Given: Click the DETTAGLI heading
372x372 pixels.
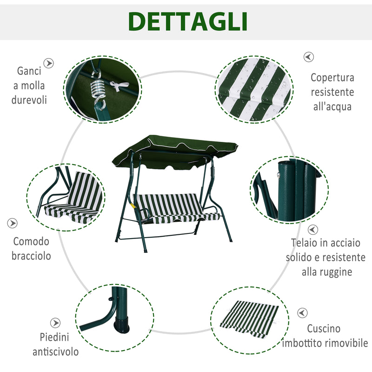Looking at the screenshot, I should (187, 21).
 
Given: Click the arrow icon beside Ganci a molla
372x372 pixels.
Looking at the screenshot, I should (49, 63).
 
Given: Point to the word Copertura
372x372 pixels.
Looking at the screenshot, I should (332, 78).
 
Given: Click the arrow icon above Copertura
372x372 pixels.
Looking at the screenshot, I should (309, 57).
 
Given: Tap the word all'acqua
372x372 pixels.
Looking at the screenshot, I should (332, 106).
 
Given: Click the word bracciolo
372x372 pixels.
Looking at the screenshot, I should (32, 256).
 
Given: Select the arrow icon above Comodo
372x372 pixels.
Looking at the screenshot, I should (13, 223).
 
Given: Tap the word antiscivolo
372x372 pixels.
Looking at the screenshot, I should (55, 352).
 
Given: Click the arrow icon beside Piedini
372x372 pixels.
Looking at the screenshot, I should (55, 323).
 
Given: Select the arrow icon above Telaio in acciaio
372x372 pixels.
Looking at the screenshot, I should (313, 230).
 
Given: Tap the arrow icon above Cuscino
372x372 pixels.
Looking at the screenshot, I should (303, 313).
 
